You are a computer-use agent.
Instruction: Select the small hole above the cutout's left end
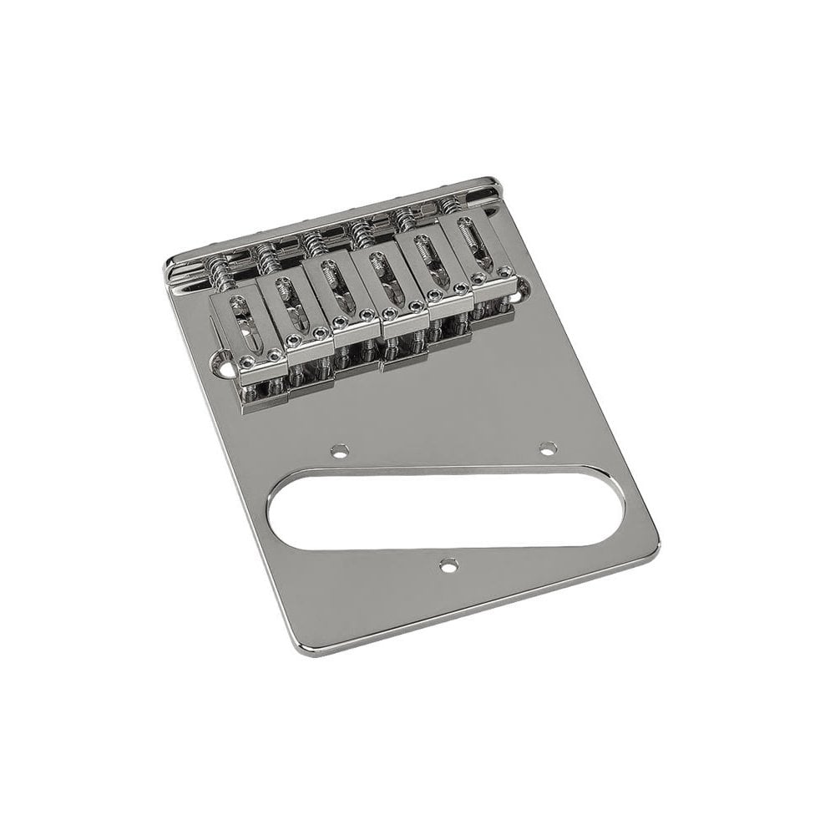(338, 453)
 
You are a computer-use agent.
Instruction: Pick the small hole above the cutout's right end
(548, 448)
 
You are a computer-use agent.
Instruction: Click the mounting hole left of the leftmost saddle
(224, 361)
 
